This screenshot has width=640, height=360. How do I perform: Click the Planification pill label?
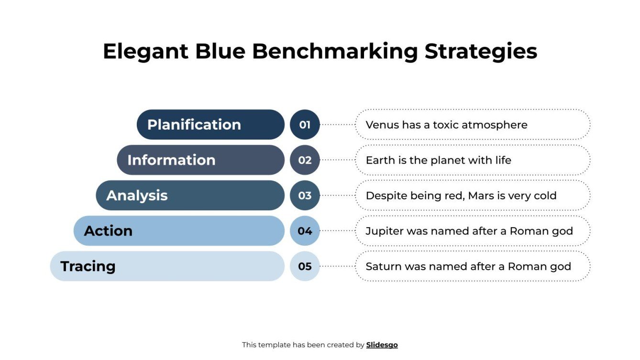point(194,125)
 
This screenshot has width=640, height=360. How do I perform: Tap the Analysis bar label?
point(137,196)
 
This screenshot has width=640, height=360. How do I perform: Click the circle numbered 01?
point(305,125)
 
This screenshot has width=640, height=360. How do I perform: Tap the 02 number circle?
point(305,160)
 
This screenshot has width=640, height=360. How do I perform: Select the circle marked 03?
point(305,196)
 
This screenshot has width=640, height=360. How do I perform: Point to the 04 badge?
point(305,231)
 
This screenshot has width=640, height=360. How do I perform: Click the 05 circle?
point(305,266)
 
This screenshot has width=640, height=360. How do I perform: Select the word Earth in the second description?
point(379,160)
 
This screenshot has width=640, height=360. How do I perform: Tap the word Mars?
point(481,196)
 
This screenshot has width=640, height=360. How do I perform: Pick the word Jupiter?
point(384,231)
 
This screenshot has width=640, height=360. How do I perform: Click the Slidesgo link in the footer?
point(382,345)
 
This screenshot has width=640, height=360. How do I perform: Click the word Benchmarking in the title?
point(335,52)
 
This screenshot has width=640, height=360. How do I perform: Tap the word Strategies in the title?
point(481,52)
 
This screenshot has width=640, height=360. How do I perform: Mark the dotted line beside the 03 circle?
point(337,196)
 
